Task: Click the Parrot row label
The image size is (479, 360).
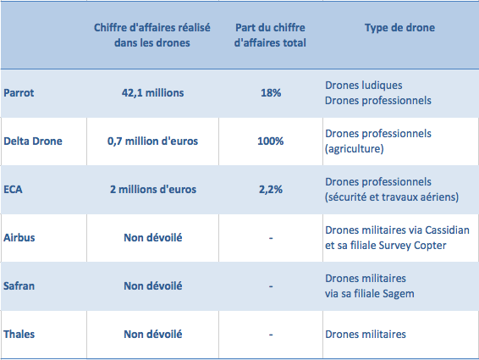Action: click(x=19, y=92)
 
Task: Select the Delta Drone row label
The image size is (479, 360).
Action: click(x=33, y=141)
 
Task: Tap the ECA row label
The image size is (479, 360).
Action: click(x=13, y=190)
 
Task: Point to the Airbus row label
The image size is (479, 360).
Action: click(x=19, y=238)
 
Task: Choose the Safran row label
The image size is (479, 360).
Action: click(x=19, y=286)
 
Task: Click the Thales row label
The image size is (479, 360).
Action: click(x=19, y=335)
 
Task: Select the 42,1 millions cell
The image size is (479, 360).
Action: click(x=152, y=92)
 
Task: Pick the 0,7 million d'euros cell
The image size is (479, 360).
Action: click(x=152, y=141)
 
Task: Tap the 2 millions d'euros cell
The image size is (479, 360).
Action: click(x=153, y=190)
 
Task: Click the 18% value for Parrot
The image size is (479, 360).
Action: click(x=271, y=92)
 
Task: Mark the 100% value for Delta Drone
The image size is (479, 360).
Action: click(x=270, y=141)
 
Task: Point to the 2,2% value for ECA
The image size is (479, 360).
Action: click(x=271, y=190)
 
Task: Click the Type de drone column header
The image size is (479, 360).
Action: click(x=399, y=27)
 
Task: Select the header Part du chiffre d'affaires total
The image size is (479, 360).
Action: click(x=270, y=36)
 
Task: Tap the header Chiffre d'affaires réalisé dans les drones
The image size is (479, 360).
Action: click(x=152, y=36)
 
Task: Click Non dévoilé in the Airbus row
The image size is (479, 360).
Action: click(x=152, y=238)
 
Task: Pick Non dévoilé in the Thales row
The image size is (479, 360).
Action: click(x=152, y=335)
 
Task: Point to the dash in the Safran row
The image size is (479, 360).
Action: click(x=271, y=286)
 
